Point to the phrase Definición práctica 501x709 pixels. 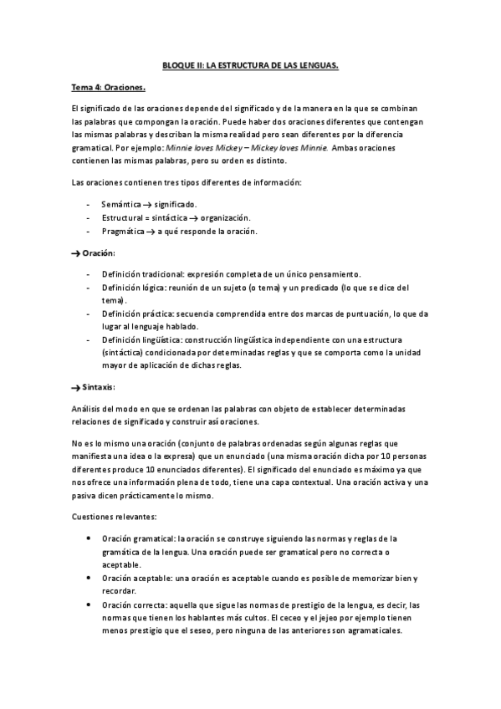point(136,314)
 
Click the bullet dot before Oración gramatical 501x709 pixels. point(89,538)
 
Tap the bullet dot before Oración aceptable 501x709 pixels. point(89,578)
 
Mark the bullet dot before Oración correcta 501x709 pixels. point(89,604)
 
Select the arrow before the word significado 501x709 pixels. point(147,205)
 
